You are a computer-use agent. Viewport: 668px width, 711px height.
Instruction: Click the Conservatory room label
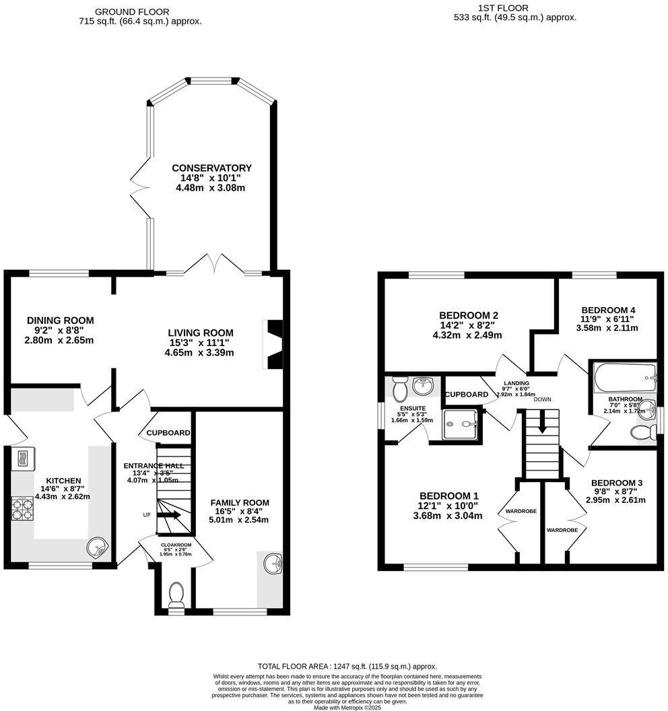pyautogui.click(x=211, y=168)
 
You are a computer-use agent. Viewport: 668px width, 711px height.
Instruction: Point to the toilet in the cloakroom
pyautogui.click(x=176, y=596)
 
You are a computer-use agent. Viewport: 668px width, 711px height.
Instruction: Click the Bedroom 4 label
pyautogui.click(x=608, y=310)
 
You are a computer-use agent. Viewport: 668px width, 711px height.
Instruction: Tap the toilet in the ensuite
pyautogui.click(x=399, y=388)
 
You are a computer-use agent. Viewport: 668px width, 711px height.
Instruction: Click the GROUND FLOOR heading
pyautogui.click(x=132, y=11)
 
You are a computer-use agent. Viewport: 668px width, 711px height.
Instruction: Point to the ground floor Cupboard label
pyautogui.click(x=168, y=433)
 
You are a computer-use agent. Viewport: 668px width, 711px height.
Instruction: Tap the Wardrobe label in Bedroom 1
pyautogui.click(x=521, y=512)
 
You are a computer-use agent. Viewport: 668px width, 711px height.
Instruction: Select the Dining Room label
pyautogui.click(x=61, y=320)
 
